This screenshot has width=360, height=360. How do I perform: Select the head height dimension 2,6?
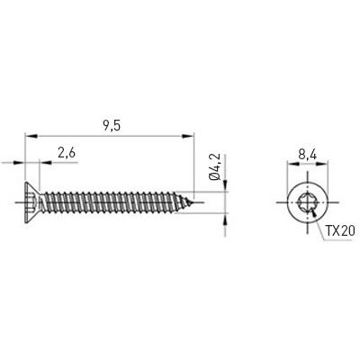pos(65,153)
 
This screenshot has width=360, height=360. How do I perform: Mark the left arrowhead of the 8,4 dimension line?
pos(290,166)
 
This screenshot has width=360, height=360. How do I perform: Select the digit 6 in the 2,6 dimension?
pos(71,153)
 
